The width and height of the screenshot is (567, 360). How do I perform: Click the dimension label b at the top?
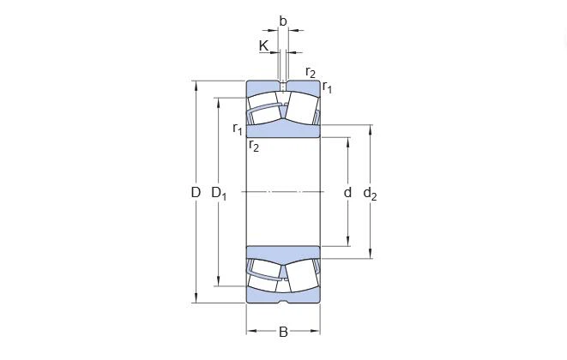tap(283, 21)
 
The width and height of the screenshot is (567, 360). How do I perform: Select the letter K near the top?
tap(263, 45)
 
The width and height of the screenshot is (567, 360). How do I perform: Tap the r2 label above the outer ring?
tap(311, 72)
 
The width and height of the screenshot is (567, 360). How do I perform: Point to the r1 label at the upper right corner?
tap(328, 87)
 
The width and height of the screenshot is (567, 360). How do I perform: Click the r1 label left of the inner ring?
tap(238, 129)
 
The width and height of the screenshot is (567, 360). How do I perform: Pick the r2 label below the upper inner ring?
tap(254, 146)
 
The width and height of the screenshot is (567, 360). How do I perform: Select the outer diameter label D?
tap(196, 193)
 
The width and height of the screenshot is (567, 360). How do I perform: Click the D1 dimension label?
tap(220, 194)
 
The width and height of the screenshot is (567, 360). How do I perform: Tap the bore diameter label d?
tap(347, 193)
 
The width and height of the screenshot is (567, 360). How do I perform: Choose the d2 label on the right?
tap(371, 194)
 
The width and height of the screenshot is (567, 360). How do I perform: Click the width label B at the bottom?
tap(283, 333)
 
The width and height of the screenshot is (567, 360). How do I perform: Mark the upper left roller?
tap(265, 106)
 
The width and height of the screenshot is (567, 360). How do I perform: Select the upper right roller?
tap(301, 106)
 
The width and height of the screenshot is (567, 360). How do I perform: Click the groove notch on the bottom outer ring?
tap(283, 301)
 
